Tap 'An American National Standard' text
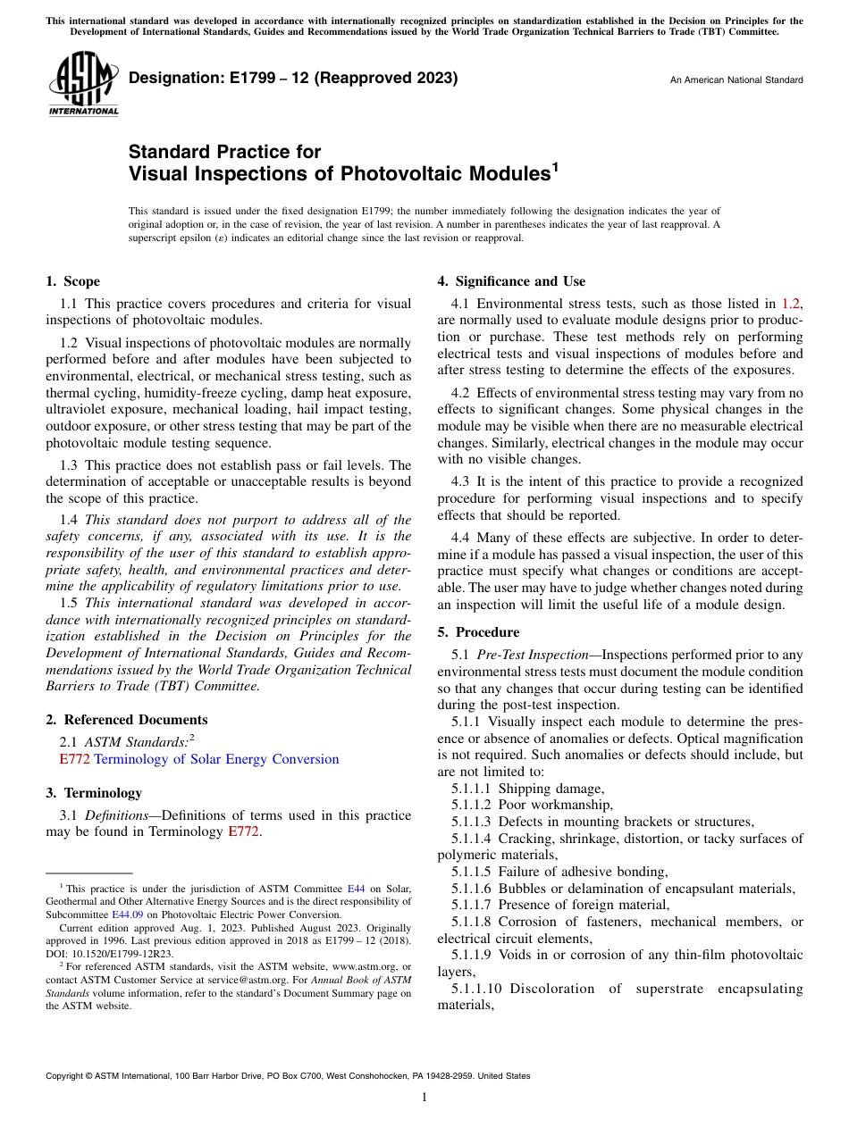tap(736, 80)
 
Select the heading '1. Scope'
tap(72, 281)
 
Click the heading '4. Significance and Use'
tap(511, 281)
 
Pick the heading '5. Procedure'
tap(478, 632)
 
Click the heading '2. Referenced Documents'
tap(126, 720)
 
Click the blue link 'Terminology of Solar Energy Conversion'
tap(216, 759)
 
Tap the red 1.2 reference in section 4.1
tap(791, 304)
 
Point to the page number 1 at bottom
tap(424, 1097)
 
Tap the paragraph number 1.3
tap(69, 465)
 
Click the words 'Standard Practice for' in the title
tap(224, 152)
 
